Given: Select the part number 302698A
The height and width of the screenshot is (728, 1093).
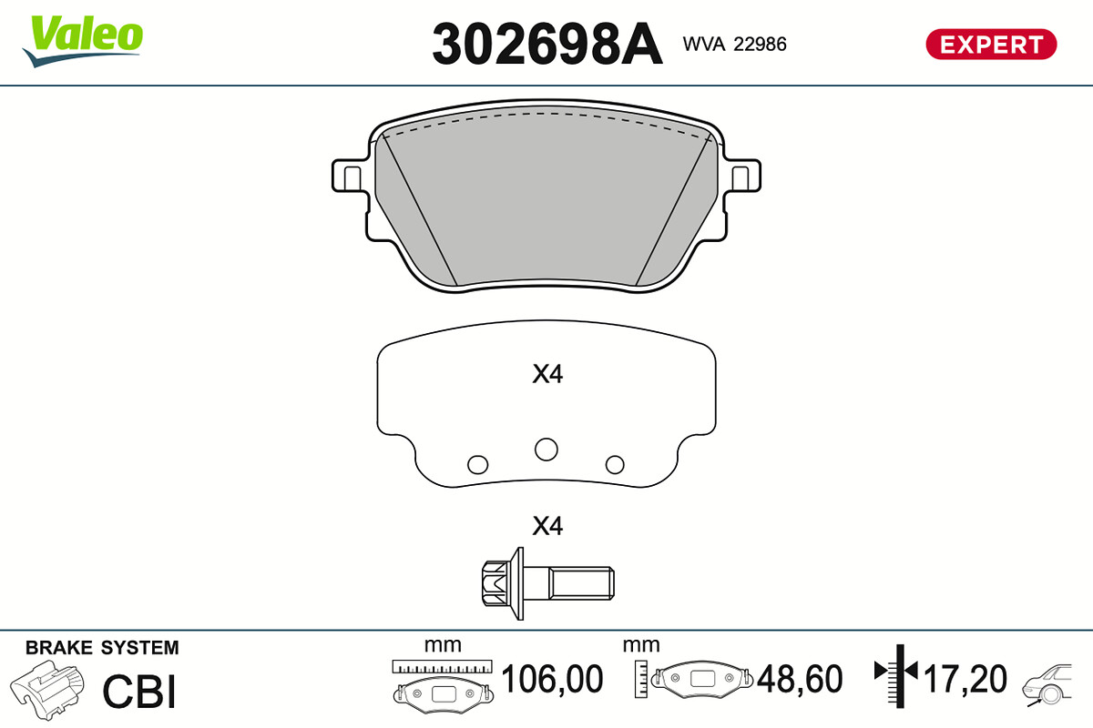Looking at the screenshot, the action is pos(547,44).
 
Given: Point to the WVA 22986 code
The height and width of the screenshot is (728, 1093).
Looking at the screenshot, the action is pos(734,44).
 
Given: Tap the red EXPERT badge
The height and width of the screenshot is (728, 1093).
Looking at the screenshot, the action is pos(991,45).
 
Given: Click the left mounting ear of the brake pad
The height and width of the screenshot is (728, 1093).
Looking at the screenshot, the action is pos(350,176).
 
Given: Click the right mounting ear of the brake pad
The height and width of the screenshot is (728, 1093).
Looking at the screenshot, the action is pos(742,176).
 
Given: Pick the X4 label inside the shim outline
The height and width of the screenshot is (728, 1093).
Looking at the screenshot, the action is pos(547,374).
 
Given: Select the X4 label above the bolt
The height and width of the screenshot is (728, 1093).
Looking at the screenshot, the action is pos(547,526).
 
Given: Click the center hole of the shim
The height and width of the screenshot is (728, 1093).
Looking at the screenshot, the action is pos(546,450).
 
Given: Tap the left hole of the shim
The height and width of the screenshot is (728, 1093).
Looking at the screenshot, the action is pos(477,465).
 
